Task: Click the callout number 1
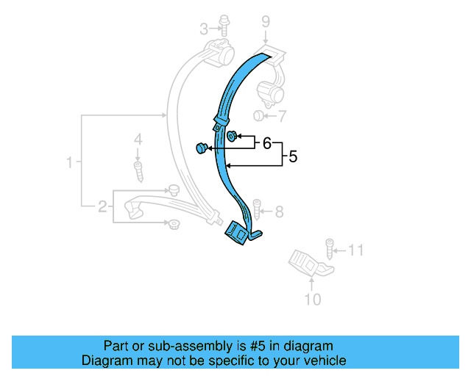point(70,162)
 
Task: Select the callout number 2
point(102,206)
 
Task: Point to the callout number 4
point(137,139)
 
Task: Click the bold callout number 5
point(292,156)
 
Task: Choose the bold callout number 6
point(266,143)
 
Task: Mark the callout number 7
point(282,116)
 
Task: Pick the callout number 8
point(279,212)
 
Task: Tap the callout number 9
point(266,23)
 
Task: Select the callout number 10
point(312,299)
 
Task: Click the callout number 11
point(355,250)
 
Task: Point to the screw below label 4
point(138,170)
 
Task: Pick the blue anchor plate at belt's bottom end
point(238,234)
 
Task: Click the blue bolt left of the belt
point(201,149)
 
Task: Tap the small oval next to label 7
point(258,116)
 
